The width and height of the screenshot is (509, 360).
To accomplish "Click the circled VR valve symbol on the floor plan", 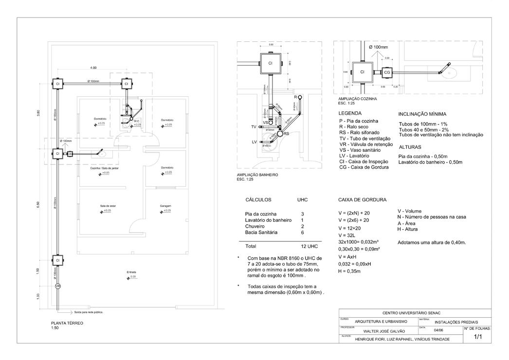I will pyautogui.click(x=57, y=286).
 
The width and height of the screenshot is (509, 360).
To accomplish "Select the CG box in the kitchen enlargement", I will pyautogui.click(x=387, y=72).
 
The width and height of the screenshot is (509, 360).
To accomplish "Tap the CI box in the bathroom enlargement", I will pyautogui.click(x=270, y=63).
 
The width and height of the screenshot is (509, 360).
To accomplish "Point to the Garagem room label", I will pyautogui.click(x=165, y=206).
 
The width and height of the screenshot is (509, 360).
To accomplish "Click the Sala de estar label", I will pyautogui.click(x=107, y=206).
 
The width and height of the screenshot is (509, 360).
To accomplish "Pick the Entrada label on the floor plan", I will pyautogui.click(x=131, y=272).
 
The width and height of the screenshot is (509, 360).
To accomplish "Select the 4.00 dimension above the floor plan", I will pyautogui.click(x=92, y=68).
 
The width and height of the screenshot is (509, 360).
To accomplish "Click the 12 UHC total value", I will pyautogui.click(x=309, y=246).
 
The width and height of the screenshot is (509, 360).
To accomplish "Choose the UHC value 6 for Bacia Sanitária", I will pyautogui.click(x=303, y=233).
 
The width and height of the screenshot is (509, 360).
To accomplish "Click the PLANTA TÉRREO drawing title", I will pyautogui.click(x=68, y=323).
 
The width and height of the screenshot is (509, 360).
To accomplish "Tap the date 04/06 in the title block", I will pyautogui.click(x=438, y=330).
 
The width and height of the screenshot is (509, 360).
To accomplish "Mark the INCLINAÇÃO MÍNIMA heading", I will pyautogui.click(x=422, y=114).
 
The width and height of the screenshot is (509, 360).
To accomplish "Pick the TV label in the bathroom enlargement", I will pyautogui.click(x=254, y=126).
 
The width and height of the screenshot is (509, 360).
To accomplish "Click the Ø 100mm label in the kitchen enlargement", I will pyautogui.click(x=378, y=47).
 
